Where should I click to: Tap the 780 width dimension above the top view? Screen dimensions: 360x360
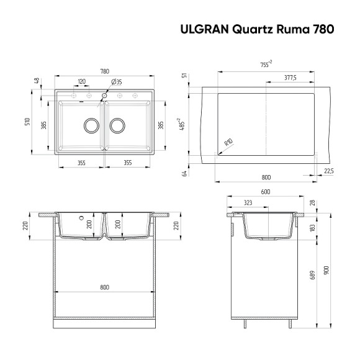coord(103,70)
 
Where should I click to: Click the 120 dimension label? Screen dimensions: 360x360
coord(82,82)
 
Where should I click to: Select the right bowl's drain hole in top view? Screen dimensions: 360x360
coord(117,125)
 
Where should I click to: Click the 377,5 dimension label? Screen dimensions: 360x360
coord(289,78)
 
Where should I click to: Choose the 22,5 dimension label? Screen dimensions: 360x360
coord(328,171)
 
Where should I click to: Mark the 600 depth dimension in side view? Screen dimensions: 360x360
coord(266,192)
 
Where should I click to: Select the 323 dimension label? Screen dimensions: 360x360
coord(248,202)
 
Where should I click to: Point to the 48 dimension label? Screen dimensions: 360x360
coord(37,81)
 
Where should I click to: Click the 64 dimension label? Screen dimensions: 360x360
coord(184,173)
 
